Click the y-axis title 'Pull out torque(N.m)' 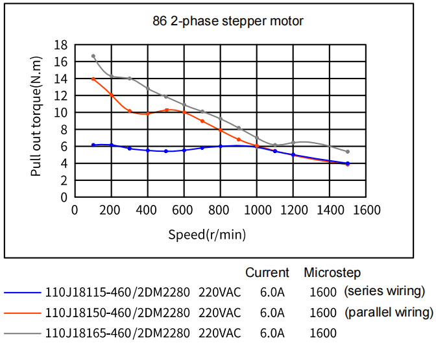[x=36, y=121]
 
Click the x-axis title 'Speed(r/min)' [x=207, y=234]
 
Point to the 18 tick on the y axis [x=61, y=45]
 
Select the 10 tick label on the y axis [x=61, y=113]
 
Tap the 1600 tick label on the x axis [x=367, y=210]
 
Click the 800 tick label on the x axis [x=221, y=210]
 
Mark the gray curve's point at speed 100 [x=93, y=56]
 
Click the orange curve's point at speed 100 [x=93, y=79]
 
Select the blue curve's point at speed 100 [x=93, y=145]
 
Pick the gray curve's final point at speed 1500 [x=348, y=152]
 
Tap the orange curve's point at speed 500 [x=167, y=110]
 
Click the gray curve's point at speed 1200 [x=293, y=143]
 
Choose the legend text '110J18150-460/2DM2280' [x=117, y=313]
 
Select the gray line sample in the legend [x=21, y=333]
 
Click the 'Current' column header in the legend [x=267, y=272]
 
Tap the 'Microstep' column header [x=332, y=272]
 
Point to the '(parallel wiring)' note [x=389, y=312]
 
